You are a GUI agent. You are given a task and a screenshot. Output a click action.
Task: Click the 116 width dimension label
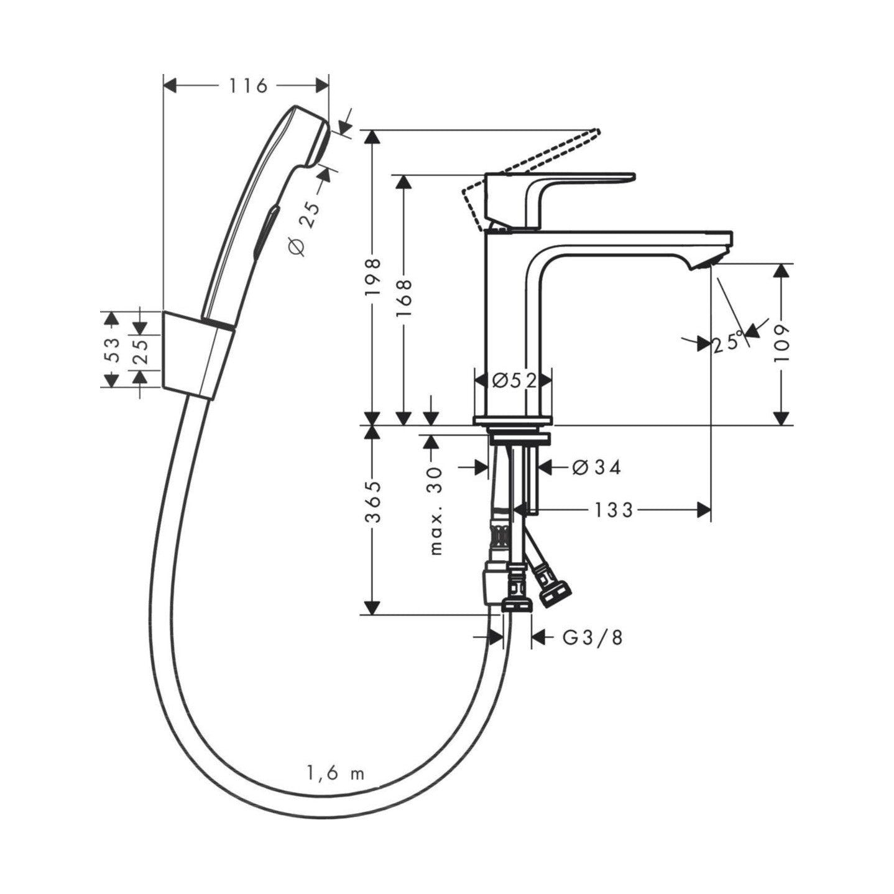tap(248, 86)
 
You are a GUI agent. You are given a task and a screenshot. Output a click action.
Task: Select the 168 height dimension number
tap(404, 298)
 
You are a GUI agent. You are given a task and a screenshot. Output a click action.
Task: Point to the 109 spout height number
tap(783, 344)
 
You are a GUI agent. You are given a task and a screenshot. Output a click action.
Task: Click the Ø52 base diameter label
tap(514, 381)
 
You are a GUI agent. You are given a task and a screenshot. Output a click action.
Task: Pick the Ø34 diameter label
tap(597, 468)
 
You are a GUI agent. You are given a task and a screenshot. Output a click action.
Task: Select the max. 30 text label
tap(436, 511)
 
